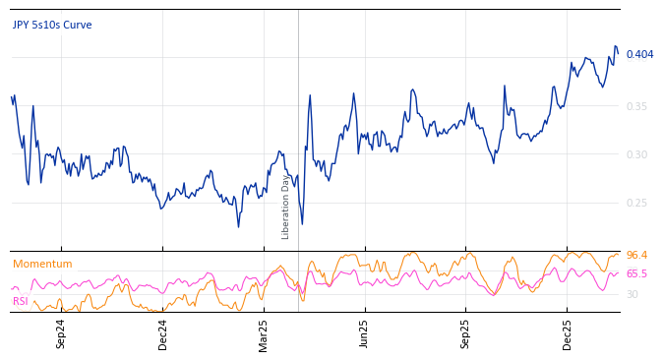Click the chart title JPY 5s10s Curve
click(52, 25)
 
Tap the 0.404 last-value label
click(639, 54)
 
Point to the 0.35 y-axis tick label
click(638, 106)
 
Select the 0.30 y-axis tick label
click(638, 154)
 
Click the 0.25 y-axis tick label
click(638, 204)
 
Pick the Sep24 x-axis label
click(61, 332)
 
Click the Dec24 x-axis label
click(163, 332)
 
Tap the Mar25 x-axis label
click(264, 332)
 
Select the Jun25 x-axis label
click(365, 332)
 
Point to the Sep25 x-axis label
click(466, 332)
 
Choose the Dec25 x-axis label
click(568, 332)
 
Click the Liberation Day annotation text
click(286, 207)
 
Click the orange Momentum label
click(42, 264)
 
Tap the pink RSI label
click(20, 301)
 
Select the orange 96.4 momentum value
click(636, 256)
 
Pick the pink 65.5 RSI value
click(636, 274)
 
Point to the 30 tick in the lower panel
click(633, 294)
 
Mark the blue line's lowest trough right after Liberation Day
click(302, 224)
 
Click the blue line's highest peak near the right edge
click(615, 46)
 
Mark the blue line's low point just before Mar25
click(238, 226)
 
